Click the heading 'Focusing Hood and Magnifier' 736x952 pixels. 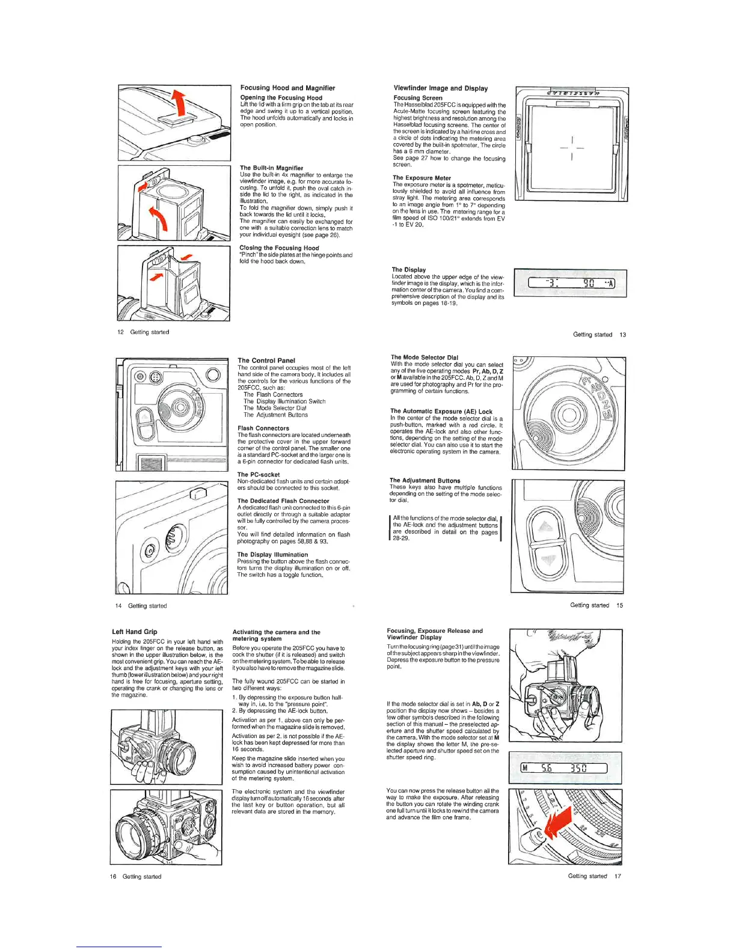[x=287, y=88]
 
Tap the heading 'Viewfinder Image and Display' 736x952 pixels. [x=440, y=88]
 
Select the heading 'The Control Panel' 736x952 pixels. [x=266, y=361]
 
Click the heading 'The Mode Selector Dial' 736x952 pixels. [x=424, y=357]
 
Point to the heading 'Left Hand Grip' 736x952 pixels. [x=134, y=632]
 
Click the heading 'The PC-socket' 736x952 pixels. [x=259, y=475]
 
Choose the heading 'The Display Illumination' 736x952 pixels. [x=272, y=555]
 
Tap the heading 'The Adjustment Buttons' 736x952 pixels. [x=425, y=481]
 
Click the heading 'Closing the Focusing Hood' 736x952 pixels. [x=279, y=248]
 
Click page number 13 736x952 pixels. [x=622, y=335]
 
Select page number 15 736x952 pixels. [x=619, y=605]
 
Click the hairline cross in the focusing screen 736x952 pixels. [x=571, y=148]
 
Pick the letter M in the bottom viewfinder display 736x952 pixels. [x=524, y=767]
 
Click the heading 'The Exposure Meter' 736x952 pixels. [x=422, y=178]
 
